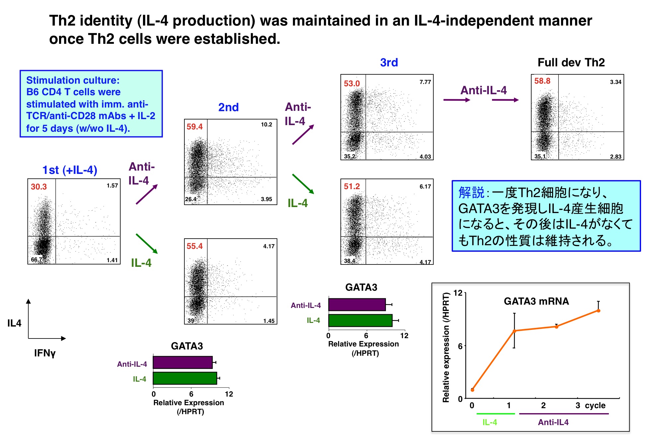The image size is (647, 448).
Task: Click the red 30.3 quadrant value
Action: point(39,187)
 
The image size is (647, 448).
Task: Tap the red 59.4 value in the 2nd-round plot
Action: point(194,126)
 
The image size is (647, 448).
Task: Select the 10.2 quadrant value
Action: point(266,124)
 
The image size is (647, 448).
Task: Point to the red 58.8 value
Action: point(542,81)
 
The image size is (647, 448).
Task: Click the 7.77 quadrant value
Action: point(425,82)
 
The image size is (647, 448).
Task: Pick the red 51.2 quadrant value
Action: point(352,186)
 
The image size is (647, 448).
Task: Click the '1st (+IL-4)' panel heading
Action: point(70,170)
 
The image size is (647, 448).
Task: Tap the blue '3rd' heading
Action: point(389,62)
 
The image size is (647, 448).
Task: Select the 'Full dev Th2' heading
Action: point(571,62)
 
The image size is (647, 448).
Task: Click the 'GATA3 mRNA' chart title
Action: point(536,301)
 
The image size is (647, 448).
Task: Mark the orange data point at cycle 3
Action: point(599,311)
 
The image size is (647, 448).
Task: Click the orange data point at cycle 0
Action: point(472,390)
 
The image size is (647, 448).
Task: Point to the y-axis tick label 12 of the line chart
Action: point(458,293)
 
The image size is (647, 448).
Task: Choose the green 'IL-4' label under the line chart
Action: point(490,422)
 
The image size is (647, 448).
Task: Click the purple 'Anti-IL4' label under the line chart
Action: point(553,422)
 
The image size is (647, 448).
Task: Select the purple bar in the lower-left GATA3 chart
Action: point(183,362)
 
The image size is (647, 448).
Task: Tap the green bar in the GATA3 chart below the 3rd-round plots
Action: point(360,321)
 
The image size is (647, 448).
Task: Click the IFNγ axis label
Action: point(45,353)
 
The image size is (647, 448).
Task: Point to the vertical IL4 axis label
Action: point(14,323)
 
